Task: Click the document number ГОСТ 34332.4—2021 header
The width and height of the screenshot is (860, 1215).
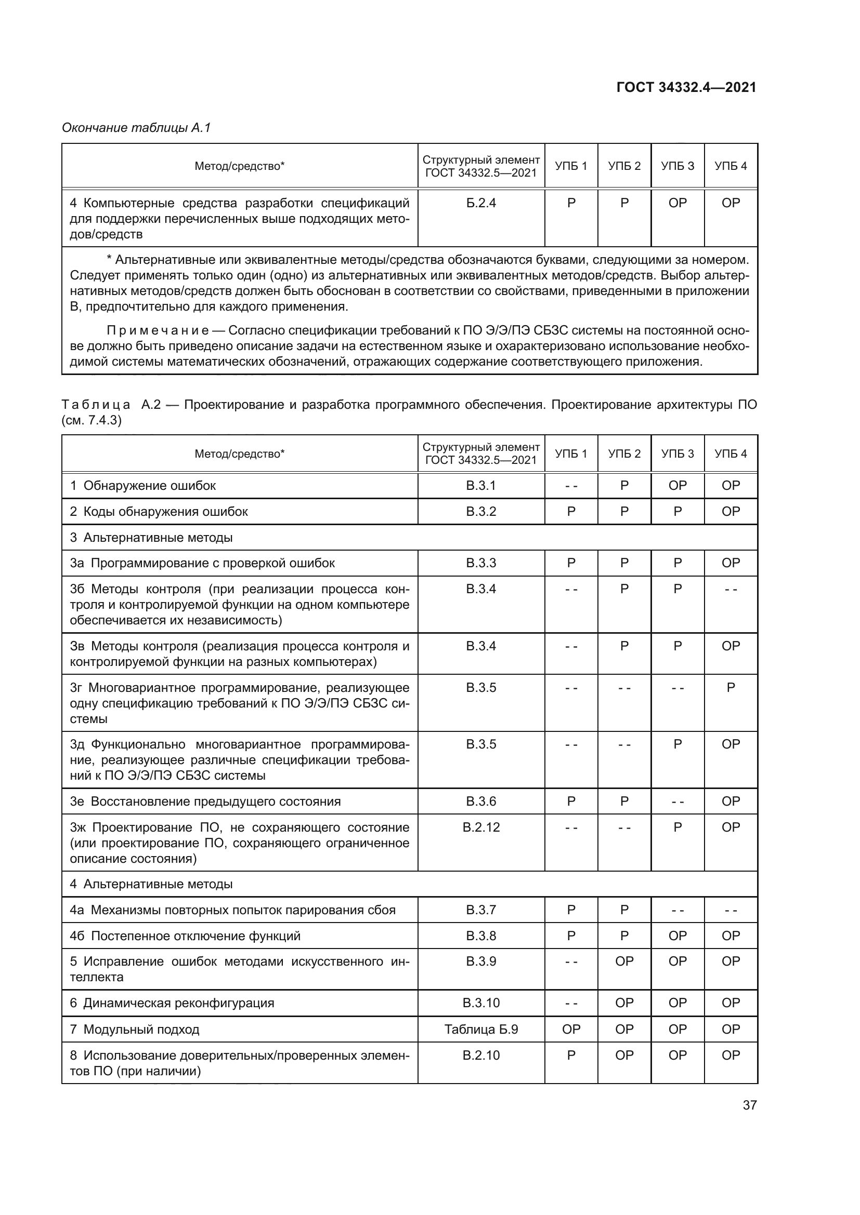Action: coord(686,87)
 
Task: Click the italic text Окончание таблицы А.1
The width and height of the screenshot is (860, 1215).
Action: coord(136,128)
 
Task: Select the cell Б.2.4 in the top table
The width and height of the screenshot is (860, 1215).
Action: coord(481,203)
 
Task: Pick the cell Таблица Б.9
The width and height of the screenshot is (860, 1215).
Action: coord(481,1029)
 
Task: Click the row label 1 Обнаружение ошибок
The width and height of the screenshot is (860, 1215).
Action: coord(143,486)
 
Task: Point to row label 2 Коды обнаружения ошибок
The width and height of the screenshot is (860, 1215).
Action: coord(159,512)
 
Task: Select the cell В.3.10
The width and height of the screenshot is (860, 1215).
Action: coord(481,1003)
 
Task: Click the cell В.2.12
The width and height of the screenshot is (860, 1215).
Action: coord(481,827)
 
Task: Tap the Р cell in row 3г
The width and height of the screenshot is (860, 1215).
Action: coord(731,688)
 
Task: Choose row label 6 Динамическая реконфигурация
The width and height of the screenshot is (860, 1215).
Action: coord(172,1003)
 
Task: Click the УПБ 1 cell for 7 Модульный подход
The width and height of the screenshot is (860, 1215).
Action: coord(571,1029)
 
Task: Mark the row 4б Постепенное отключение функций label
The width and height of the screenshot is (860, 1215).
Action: coord(185,936)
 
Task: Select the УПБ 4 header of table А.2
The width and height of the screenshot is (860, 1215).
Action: coord(731,453)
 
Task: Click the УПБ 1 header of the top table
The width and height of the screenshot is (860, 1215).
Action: coord(571,166)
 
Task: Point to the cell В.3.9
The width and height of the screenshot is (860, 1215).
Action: coord(481,962)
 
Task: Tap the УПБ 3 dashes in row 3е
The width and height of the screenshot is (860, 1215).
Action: coord(677,802)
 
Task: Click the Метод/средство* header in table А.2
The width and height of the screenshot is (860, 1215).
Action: coord(239,453)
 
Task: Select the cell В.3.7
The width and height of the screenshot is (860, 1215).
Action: coord(481,910)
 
